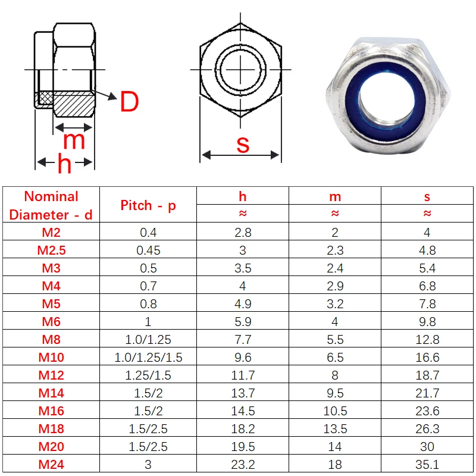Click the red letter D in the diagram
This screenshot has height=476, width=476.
click(x=129, y=102)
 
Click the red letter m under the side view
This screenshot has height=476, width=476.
click(x=74, y=140)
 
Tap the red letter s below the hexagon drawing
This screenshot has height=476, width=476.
click(x=243, y=144)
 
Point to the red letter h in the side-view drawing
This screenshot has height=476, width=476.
click(x=64, y=164)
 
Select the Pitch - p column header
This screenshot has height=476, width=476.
click(x=148, y=205)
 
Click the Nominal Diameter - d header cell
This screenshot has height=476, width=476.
click(x=51, y=205)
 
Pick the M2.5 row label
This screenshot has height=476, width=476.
click(x=51, y=250)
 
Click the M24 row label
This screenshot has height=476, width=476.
click(x=51, y=464)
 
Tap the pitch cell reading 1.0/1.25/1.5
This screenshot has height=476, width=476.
click(x=148, y=357)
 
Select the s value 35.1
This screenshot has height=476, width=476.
click(x=427, y=464)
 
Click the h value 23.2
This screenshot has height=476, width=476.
click(x=243, y=464)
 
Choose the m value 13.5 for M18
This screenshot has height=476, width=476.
click(x=335, y=428)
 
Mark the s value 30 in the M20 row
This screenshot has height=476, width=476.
click(x=427, y=446)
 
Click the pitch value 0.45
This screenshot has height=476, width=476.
click(x=148, y=250)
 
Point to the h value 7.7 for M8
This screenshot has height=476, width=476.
click(x=243, y=339)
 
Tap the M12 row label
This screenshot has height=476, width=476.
click(x=51, y=375)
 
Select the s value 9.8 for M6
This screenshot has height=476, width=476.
click(x=427, y=321)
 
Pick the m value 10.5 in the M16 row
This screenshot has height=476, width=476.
click(x=335, y=411)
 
